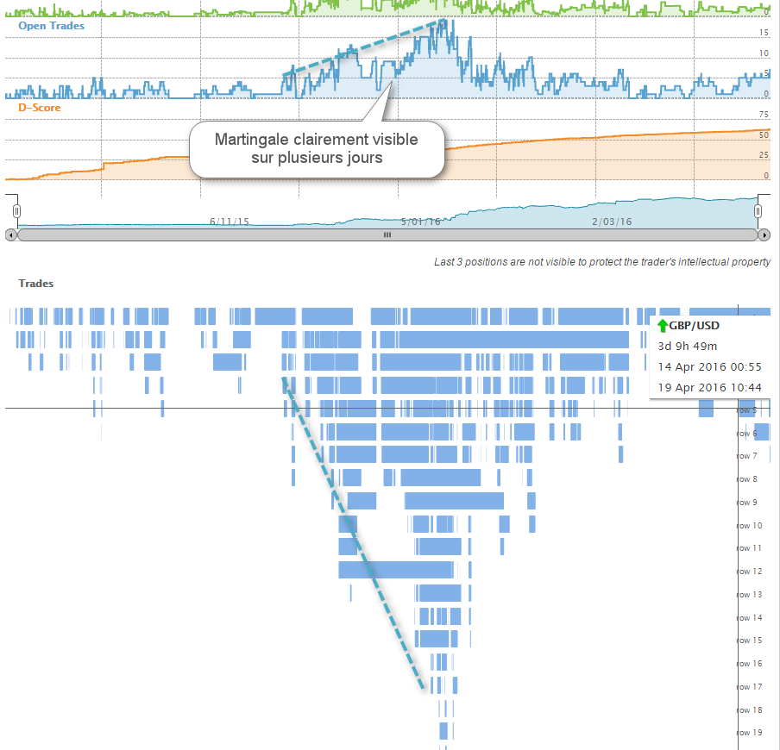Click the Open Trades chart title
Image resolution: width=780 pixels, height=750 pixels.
tap(51, 26)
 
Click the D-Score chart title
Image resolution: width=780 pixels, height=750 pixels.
tap(41, 108)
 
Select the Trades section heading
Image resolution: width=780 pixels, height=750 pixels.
tap(36, 283)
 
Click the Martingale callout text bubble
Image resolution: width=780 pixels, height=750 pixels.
tap(316, 148)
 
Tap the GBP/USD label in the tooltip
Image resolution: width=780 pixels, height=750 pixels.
tap(694, 326)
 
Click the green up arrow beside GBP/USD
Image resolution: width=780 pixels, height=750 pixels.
tap(663, 326)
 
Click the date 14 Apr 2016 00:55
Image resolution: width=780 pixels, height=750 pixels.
tap(709, 366)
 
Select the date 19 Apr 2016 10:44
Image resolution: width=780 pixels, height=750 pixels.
tap(709, 387)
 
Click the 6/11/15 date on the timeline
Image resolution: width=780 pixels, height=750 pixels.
tap(230, 222)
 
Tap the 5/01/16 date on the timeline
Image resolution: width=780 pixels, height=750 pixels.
tap(421, 222)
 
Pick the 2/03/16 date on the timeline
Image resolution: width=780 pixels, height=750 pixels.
tap(612, 222)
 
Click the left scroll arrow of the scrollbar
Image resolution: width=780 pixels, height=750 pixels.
tap(10, 234)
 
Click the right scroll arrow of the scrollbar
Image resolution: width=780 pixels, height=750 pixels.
tap(764, 234)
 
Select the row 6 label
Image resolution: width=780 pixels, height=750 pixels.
tap(746, 434)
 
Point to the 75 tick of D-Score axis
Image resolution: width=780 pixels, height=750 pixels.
tap(764, 114)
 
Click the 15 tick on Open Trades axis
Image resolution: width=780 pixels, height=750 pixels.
tap(764, 33)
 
